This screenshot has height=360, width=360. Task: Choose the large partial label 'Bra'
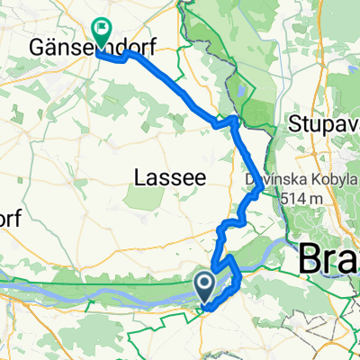329,259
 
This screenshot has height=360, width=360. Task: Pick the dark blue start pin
206,287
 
